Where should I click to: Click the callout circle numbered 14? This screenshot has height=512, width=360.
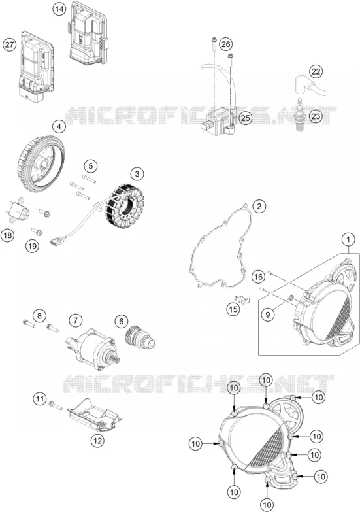coord(59,9)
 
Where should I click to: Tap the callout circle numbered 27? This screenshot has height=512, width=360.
coord(9,44)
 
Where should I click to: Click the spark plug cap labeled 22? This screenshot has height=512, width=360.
coord(310,84)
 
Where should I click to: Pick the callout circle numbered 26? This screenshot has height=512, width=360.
coord(226,44)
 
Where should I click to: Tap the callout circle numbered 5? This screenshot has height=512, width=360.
coord(90,166)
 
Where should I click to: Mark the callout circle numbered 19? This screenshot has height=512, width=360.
coord(32,246)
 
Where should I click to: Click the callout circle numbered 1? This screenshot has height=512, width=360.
coord(348,239)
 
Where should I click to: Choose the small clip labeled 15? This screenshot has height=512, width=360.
coord(242,299)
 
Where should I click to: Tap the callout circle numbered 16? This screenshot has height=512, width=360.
coord(258,277)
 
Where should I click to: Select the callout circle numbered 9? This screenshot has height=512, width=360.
coord(268,315)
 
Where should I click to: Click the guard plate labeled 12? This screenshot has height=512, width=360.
coord(94,416)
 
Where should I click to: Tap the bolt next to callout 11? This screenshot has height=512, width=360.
coord(55,405)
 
